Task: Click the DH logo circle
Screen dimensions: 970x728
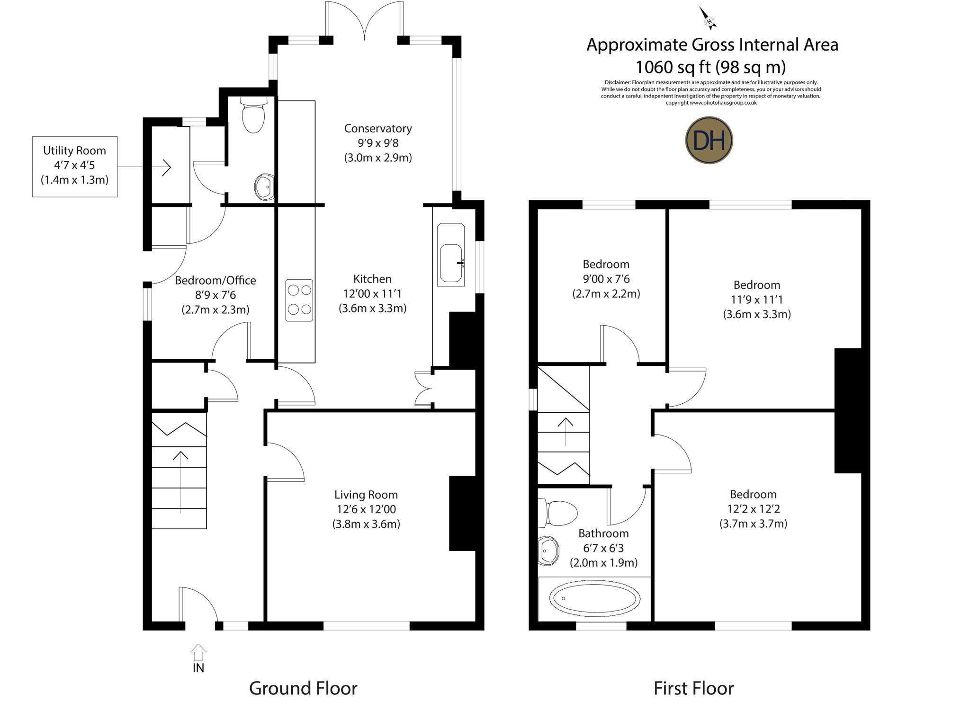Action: (709, 140)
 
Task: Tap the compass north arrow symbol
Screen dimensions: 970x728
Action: (708, 18)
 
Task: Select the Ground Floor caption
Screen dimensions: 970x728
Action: (303, 688)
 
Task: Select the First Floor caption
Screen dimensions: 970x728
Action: (693, 688)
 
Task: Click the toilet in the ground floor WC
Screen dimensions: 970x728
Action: (253, 116)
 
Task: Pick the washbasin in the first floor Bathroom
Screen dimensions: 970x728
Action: (548, 551)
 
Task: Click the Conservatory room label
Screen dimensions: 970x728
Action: (378, 128)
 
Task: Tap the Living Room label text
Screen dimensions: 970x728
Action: (366, 495)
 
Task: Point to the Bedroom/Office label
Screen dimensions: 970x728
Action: (216, 280)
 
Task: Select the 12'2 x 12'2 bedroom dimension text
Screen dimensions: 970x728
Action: (754, 509)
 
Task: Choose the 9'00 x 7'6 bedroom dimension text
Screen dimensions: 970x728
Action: (606, 279)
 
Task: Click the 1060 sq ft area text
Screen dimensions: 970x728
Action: (710, 67)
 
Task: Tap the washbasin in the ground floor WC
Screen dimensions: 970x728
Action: (264, 186)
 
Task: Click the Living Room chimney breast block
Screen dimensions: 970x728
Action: (462, 513)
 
